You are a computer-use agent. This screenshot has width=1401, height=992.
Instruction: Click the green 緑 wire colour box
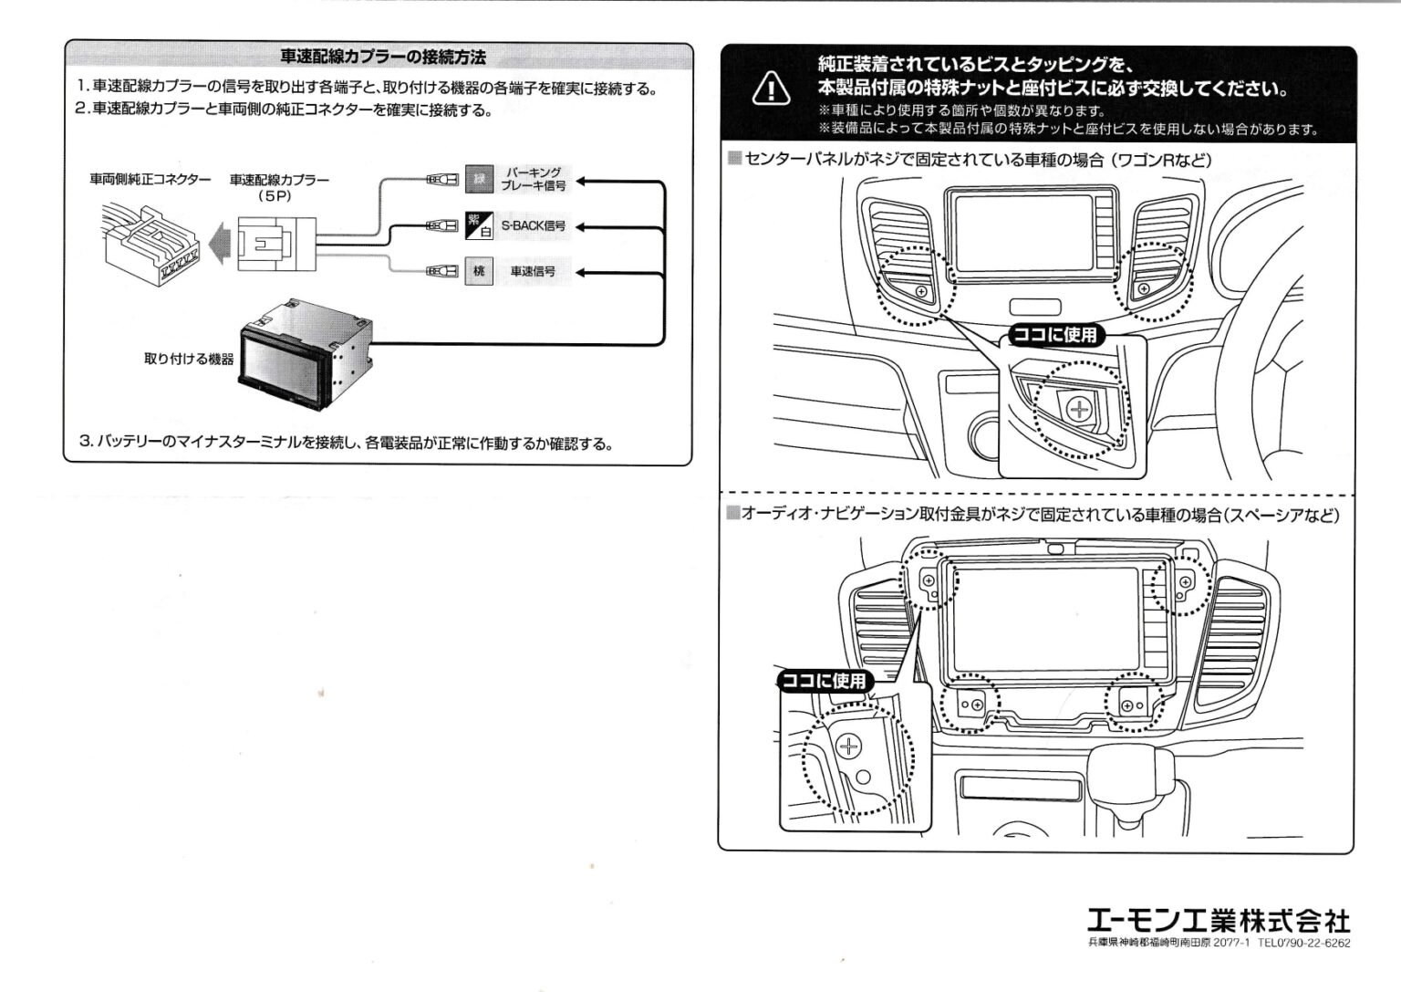pos(478,179)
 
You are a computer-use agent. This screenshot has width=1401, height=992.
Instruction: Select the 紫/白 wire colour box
pos(478,225)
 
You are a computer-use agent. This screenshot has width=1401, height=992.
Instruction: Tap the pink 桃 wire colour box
pos(478,271)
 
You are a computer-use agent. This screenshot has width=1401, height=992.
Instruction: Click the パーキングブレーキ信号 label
pos(534,179)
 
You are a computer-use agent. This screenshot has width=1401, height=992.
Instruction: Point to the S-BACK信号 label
pos(534,225)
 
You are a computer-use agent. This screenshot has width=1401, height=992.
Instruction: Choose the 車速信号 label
pos(533,271)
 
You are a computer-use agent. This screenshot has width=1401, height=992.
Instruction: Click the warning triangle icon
pos(771,89)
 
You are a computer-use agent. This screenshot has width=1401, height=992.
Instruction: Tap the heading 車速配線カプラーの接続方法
pos(382,57)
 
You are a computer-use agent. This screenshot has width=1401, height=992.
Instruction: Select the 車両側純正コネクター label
pos(150,180)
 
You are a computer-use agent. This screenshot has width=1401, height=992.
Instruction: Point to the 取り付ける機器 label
pos(189,359)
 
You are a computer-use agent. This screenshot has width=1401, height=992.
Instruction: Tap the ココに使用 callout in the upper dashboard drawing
pos(1054,335)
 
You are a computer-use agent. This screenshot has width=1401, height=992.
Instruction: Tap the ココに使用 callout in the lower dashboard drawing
pos(825,681)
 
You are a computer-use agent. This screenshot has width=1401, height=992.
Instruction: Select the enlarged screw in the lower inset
pos(849,747)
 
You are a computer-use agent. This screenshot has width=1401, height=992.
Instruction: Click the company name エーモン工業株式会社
pos(1218,920)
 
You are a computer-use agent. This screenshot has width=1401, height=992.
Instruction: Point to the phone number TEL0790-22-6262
pos(1303,944)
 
